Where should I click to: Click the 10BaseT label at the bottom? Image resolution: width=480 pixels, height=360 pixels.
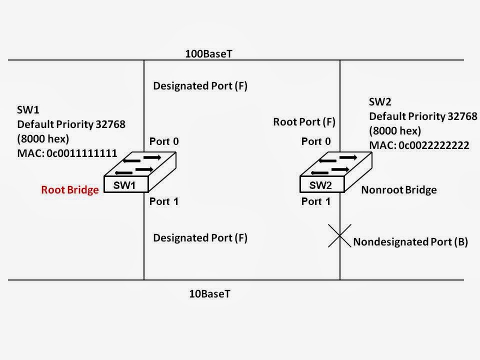(x=209, y=294)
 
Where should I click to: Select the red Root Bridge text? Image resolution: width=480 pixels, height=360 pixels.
(x=70, y=190)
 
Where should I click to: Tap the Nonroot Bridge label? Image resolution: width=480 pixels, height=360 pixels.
(x=398, y=190)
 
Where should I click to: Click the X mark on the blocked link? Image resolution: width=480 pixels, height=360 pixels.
(x=339, y=238)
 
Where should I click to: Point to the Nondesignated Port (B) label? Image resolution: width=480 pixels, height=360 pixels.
(x=410, y=242)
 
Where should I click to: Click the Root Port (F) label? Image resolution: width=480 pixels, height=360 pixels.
(x=304, y=121)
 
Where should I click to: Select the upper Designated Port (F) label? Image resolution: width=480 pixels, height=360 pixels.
(x=200, y=86)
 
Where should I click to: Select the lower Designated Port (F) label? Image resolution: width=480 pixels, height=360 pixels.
(x=200, y=238)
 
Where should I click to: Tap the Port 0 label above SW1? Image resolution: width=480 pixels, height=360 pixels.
(x=164, y=141)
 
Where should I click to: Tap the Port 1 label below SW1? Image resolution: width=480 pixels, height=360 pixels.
(x=164, y=202)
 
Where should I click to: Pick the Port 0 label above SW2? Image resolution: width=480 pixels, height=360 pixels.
(x=316, y=141)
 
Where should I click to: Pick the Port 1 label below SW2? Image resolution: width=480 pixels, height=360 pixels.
(x=316, y=202)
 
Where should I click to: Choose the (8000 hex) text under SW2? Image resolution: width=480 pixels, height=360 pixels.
(x=395, y=131)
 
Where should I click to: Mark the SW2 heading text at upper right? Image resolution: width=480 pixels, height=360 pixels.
(x=380, y=102)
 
